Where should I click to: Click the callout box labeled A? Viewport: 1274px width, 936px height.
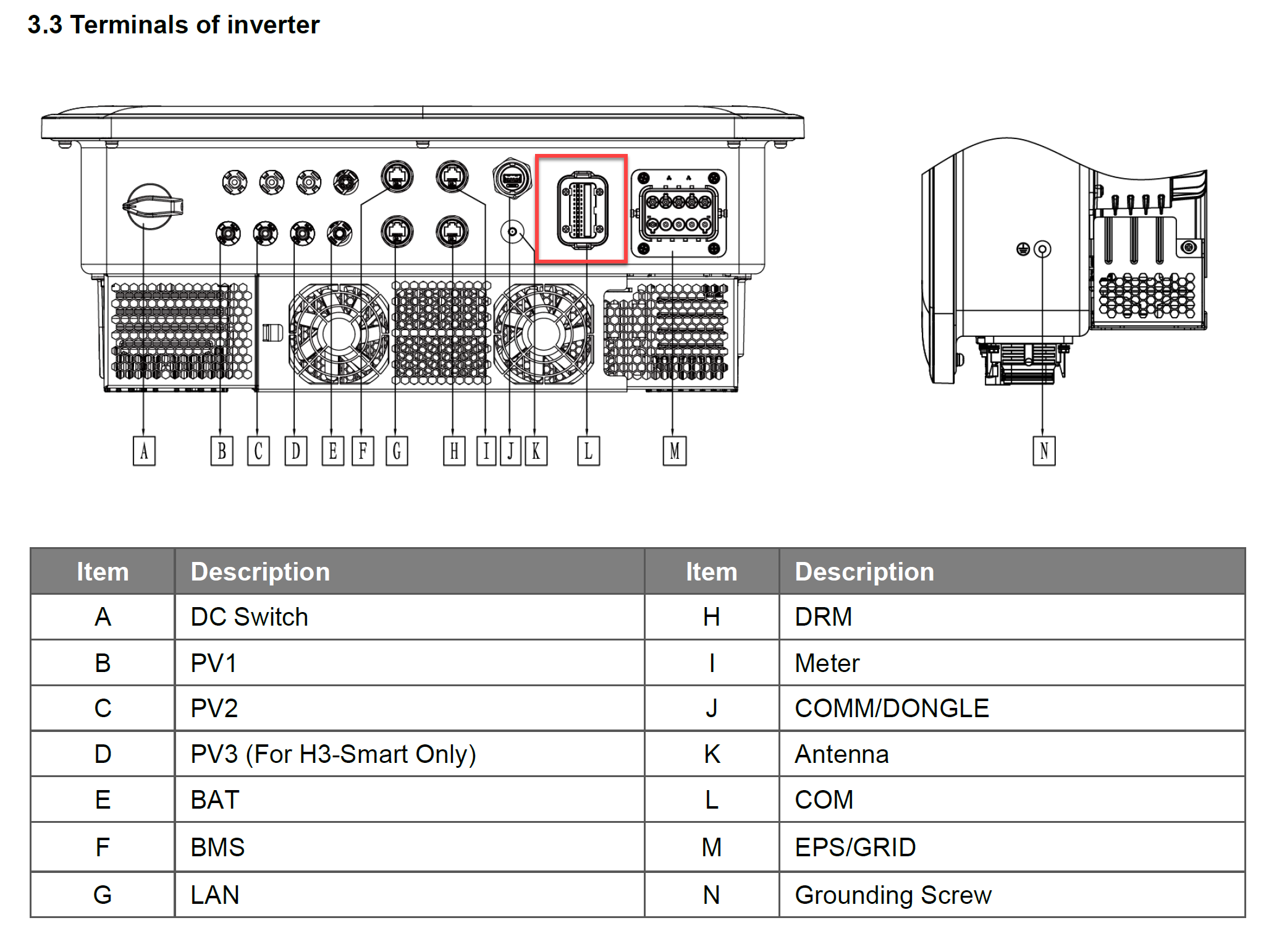point(144,451)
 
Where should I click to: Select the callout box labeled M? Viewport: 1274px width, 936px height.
point(674,451)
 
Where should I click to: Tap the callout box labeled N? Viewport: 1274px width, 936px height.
point(1044,451)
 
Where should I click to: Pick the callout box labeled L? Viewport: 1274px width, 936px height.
point(588,451)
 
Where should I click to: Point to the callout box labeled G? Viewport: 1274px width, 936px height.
point(397,451)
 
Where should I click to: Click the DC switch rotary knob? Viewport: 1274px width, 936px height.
point(151,206)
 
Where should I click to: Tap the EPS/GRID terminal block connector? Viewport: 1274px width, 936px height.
point(678,213)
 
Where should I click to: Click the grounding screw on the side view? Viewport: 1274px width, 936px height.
point(1042,249)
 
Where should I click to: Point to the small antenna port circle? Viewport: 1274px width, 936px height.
point(512,232)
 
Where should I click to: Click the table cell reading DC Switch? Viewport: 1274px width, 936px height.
point(249,617)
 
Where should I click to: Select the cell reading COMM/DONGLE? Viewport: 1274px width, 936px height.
point(892,708)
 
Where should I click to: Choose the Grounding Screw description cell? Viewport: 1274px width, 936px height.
point(893,895)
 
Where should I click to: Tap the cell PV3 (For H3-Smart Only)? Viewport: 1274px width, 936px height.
point(333,754)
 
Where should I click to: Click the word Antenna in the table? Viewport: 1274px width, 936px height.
point(842,754)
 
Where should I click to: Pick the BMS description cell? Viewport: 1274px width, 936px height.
point(217,848)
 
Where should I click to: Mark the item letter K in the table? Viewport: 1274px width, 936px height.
point(712,754)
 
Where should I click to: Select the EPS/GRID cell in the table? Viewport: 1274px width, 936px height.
point(855,848)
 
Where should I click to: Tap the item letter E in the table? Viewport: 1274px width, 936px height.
point(103,800)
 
